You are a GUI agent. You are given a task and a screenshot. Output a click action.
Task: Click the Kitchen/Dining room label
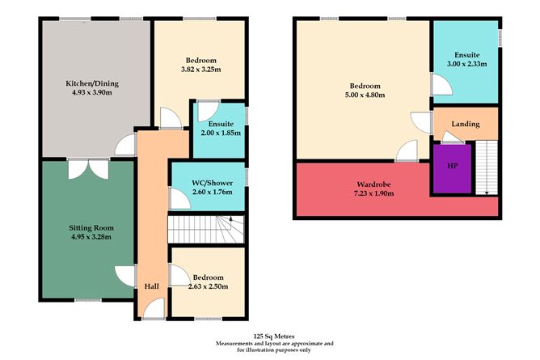click(91, 83)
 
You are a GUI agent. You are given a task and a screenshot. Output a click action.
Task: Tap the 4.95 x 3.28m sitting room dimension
click(90, 237)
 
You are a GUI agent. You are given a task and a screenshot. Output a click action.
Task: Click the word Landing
click(466, 124)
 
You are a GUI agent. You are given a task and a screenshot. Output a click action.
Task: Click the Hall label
click(151, 286)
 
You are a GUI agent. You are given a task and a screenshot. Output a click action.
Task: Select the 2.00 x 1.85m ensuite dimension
click(220, 133)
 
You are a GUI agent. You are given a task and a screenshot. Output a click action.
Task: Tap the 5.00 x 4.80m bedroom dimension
click(362, 95)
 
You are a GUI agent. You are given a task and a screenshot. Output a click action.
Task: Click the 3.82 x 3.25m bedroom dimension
click(200, 70)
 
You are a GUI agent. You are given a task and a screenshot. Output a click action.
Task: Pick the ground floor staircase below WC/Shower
click(205, 229)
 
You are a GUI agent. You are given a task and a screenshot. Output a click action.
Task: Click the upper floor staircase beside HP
click(484, 166)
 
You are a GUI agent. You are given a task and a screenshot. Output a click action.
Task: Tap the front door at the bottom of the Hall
click(154, 310)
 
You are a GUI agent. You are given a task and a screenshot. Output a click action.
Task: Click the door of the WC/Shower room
click(175, 197)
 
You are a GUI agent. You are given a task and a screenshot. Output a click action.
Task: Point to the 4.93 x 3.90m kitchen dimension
click(91, 92)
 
